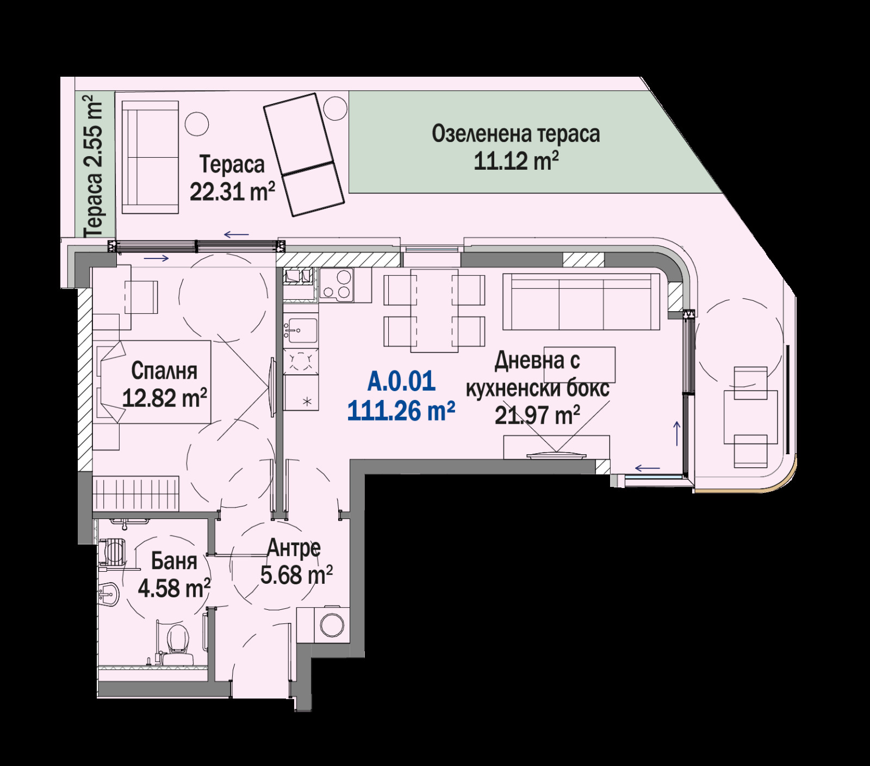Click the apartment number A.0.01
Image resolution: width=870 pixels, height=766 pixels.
click(x=401, y=381)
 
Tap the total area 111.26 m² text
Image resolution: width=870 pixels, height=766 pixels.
click(x=401, y=411)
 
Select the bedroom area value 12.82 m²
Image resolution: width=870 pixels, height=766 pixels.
click(x=164, y=398)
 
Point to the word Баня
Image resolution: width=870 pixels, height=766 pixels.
click(x=174, y=560)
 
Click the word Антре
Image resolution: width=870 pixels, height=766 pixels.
click(x=294, y=548)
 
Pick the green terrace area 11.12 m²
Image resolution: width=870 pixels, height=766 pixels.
click(x=516, y=161)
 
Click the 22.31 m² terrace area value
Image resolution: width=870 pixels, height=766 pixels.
click(x=232, y=191)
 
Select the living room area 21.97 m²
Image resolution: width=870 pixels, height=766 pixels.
click(x=537, y=416)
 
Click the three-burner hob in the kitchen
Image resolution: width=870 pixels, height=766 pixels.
click(x=337, y=284)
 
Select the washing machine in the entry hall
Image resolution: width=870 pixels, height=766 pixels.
click(x=331, y=624)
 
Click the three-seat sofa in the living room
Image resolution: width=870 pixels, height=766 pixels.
click(x=581, y=301)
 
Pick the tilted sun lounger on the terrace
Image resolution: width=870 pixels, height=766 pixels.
click(x=304, y=155)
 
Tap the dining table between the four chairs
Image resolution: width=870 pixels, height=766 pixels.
click(x=434, y=310)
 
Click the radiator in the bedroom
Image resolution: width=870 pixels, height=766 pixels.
click(x=135, y=493)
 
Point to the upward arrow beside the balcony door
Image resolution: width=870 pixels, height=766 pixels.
click(x=677, y=433)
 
